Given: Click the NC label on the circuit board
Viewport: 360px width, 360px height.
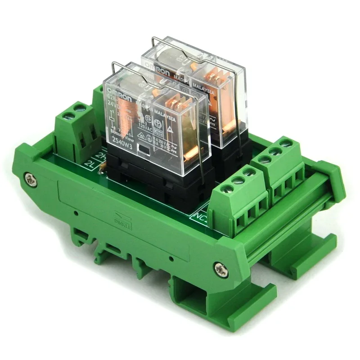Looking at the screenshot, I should [200, 215].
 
